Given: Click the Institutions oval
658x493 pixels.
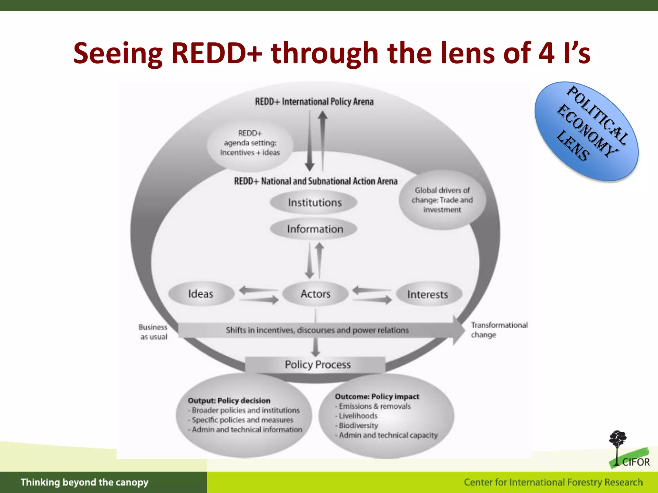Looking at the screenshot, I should click(x=314, y=203).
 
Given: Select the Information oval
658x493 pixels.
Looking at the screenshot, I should click(x=315, y=229).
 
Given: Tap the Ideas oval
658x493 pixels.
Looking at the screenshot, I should click(x=201, y=294).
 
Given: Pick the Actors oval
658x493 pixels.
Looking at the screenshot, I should click(x=315, y=294).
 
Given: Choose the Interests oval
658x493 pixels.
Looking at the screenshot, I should click(x=428, y=294).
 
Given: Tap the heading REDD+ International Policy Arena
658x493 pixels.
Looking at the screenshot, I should click(x=314, y=102).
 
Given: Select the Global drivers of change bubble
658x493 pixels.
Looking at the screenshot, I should click(x=442, y=200).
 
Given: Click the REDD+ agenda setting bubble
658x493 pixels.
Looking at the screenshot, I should click(x=250, y=143).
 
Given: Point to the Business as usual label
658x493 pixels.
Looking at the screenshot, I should click(x=153, y=332).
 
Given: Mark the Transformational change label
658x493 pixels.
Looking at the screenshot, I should click(x=499, y=330).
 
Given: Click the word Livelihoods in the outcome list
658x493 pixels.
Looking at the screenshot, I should click(x=358, y=416).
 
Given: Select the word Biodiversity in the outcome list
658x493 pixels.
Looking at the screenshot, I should click(x=358, y=425).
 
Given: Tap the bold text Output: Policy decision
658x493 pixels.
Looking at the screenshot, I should click(x=229, y=401).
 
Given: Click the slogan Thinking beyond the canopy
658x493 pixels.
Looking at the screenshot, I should click(x=84, y=482).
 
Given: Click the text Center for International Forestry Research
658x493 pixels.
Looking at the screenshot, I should click(x=553, y=482).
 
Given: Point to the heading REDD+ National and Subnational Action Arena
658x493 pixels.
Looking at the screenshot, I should click(x=316, y=181).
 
